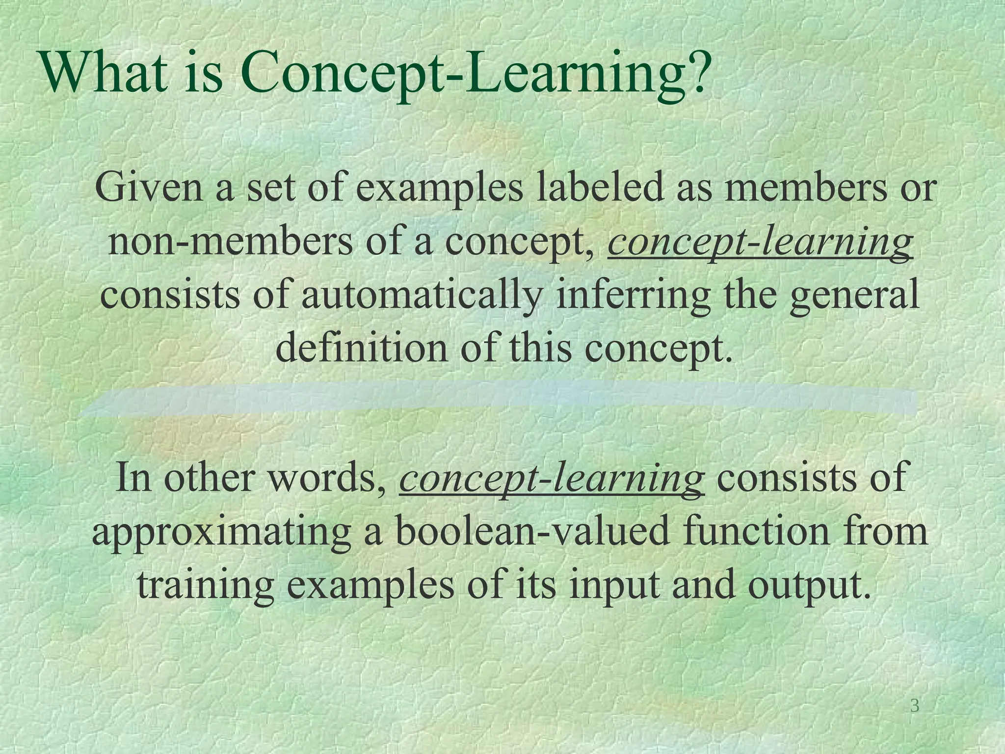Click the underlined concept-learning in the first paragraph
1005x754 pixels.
(x=760, y=242)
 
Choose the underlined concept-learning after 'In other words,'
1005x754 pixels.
(x=552, y=478)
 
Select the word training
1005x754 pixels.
(x=206, y=586)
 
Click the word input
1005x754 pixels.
(x=614, y=586)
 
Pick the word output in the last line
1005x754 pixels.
(x=804, y=586)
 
